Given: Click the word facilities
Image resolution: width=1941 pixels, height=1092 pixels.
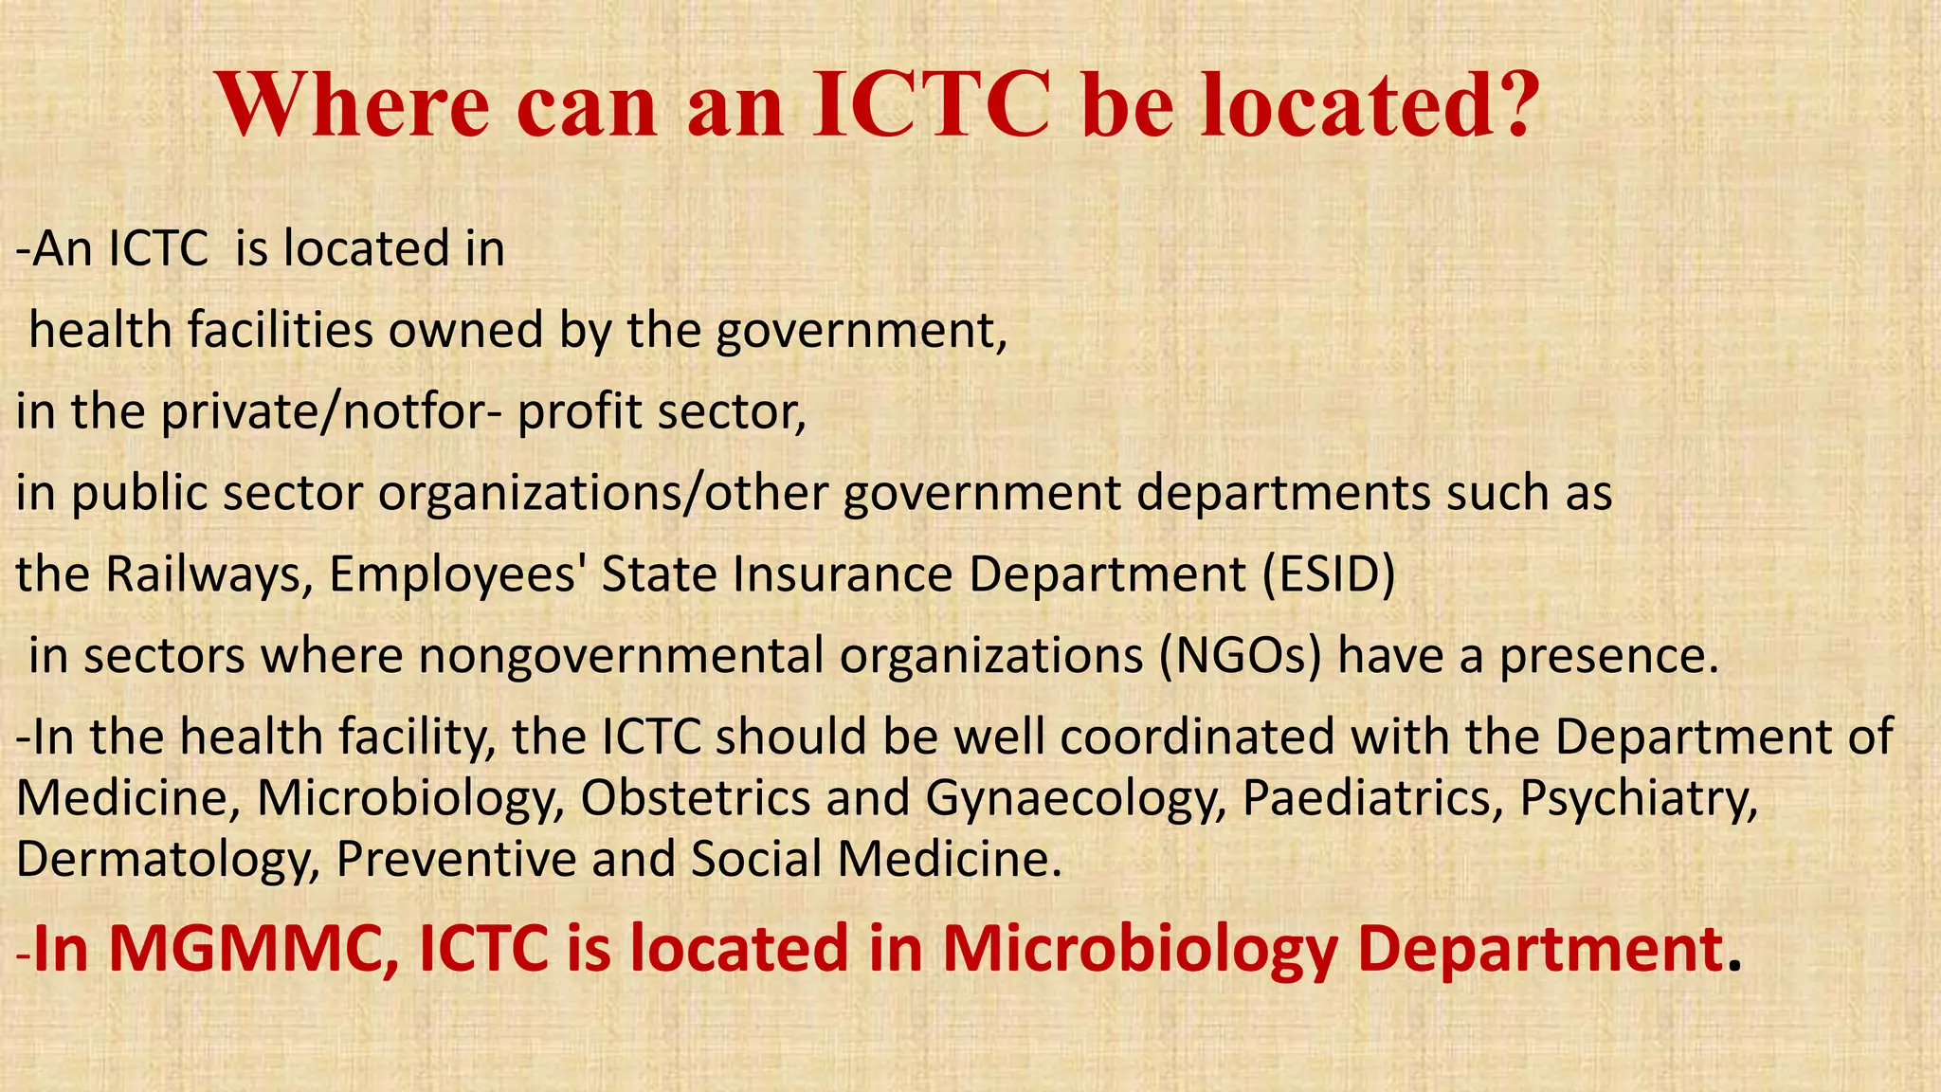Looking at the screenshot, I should coord(280,331).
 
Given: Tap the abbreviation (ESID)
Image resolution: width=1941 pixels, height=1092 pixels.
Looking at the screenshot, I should coord(1329,574).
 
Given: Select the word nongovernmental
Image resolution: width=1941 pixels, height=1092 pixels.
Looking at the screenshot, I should coord(621,656).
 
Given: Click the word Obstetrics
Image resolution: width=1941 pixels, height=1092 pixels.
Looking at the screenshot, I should coord(696,798).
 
